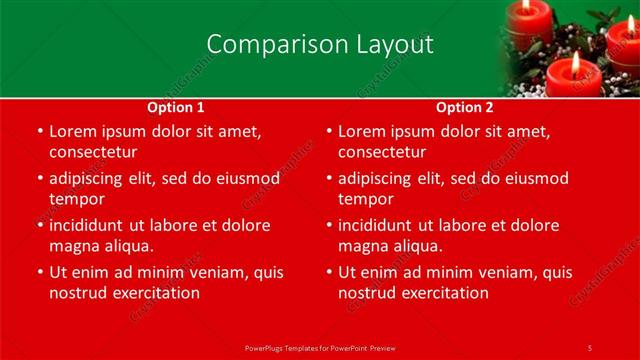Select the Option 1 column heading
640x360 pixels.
(x=176, y=107)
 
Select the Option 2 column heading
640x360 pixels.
(x=465, y=107)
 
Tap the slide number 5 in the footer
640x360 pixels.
(x=589, y=347)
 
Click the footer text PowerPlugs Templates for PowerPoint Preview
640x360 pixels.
(x=319, y=347)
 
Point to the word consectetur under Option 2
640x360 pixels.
(x=381, y=152)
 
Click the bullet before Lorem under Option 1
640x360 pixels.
(x=40, y=132)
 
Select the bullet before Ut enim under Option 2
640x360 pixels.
(x=329, y=272)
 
